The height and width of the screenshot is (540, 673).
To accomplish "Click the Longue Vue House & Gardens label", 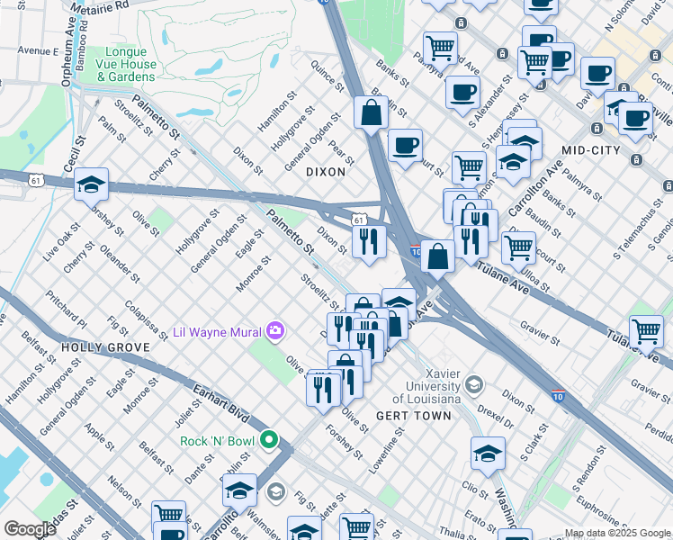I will pyautogui.click(x=130, y=64).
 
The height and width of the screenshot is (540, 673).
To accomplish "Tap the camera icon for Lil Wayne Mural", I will pyautogui.click(x=274, y=331).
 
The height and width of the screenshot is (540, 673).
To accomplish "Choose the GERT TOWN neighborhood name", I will pyautogui.click(x=424, y=416).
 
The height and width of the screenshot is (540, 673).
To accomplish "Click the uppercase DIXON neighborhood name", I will pyautogui.click(x=325, y=171).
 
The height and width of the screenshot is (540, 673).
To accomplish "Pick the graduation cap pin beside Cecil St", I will pyautogui.click(x=91, y=184).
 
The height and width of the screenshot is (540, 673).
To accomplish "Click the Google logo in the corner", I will pyautogui.click(x=29, y=529).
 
